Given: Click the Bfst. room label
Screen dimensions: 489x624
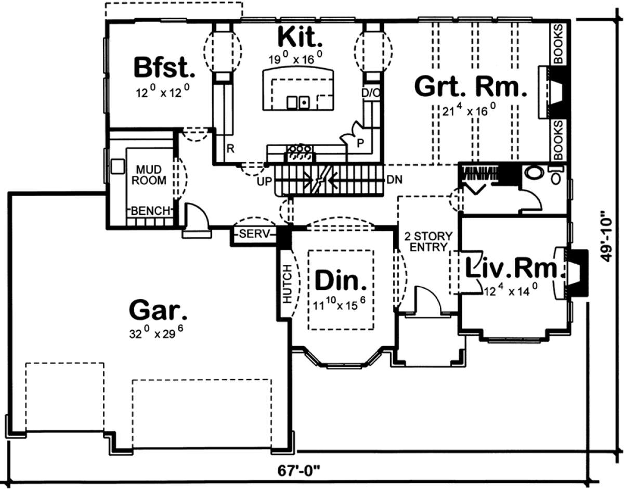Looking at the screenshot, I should click(x=164, y=68).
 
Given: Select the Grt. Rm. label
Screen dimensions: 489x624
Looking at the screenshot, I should click(x=467, y=87).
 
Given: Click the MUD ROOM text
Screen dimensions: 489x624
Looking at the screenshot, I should click(x=151, y=175).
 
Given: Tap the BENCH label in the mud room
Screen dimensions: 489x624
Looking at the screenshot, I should click(x=151, y=211).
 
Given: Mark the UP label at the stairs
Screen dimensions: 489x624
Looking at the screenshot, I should click(x=265, y=182).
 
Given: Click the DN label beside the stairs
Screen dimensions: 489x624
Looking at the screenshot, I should click(x=393, y=179).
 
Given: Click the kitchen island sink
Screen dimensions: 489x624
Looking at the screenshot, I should click(x=298, y=102).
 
